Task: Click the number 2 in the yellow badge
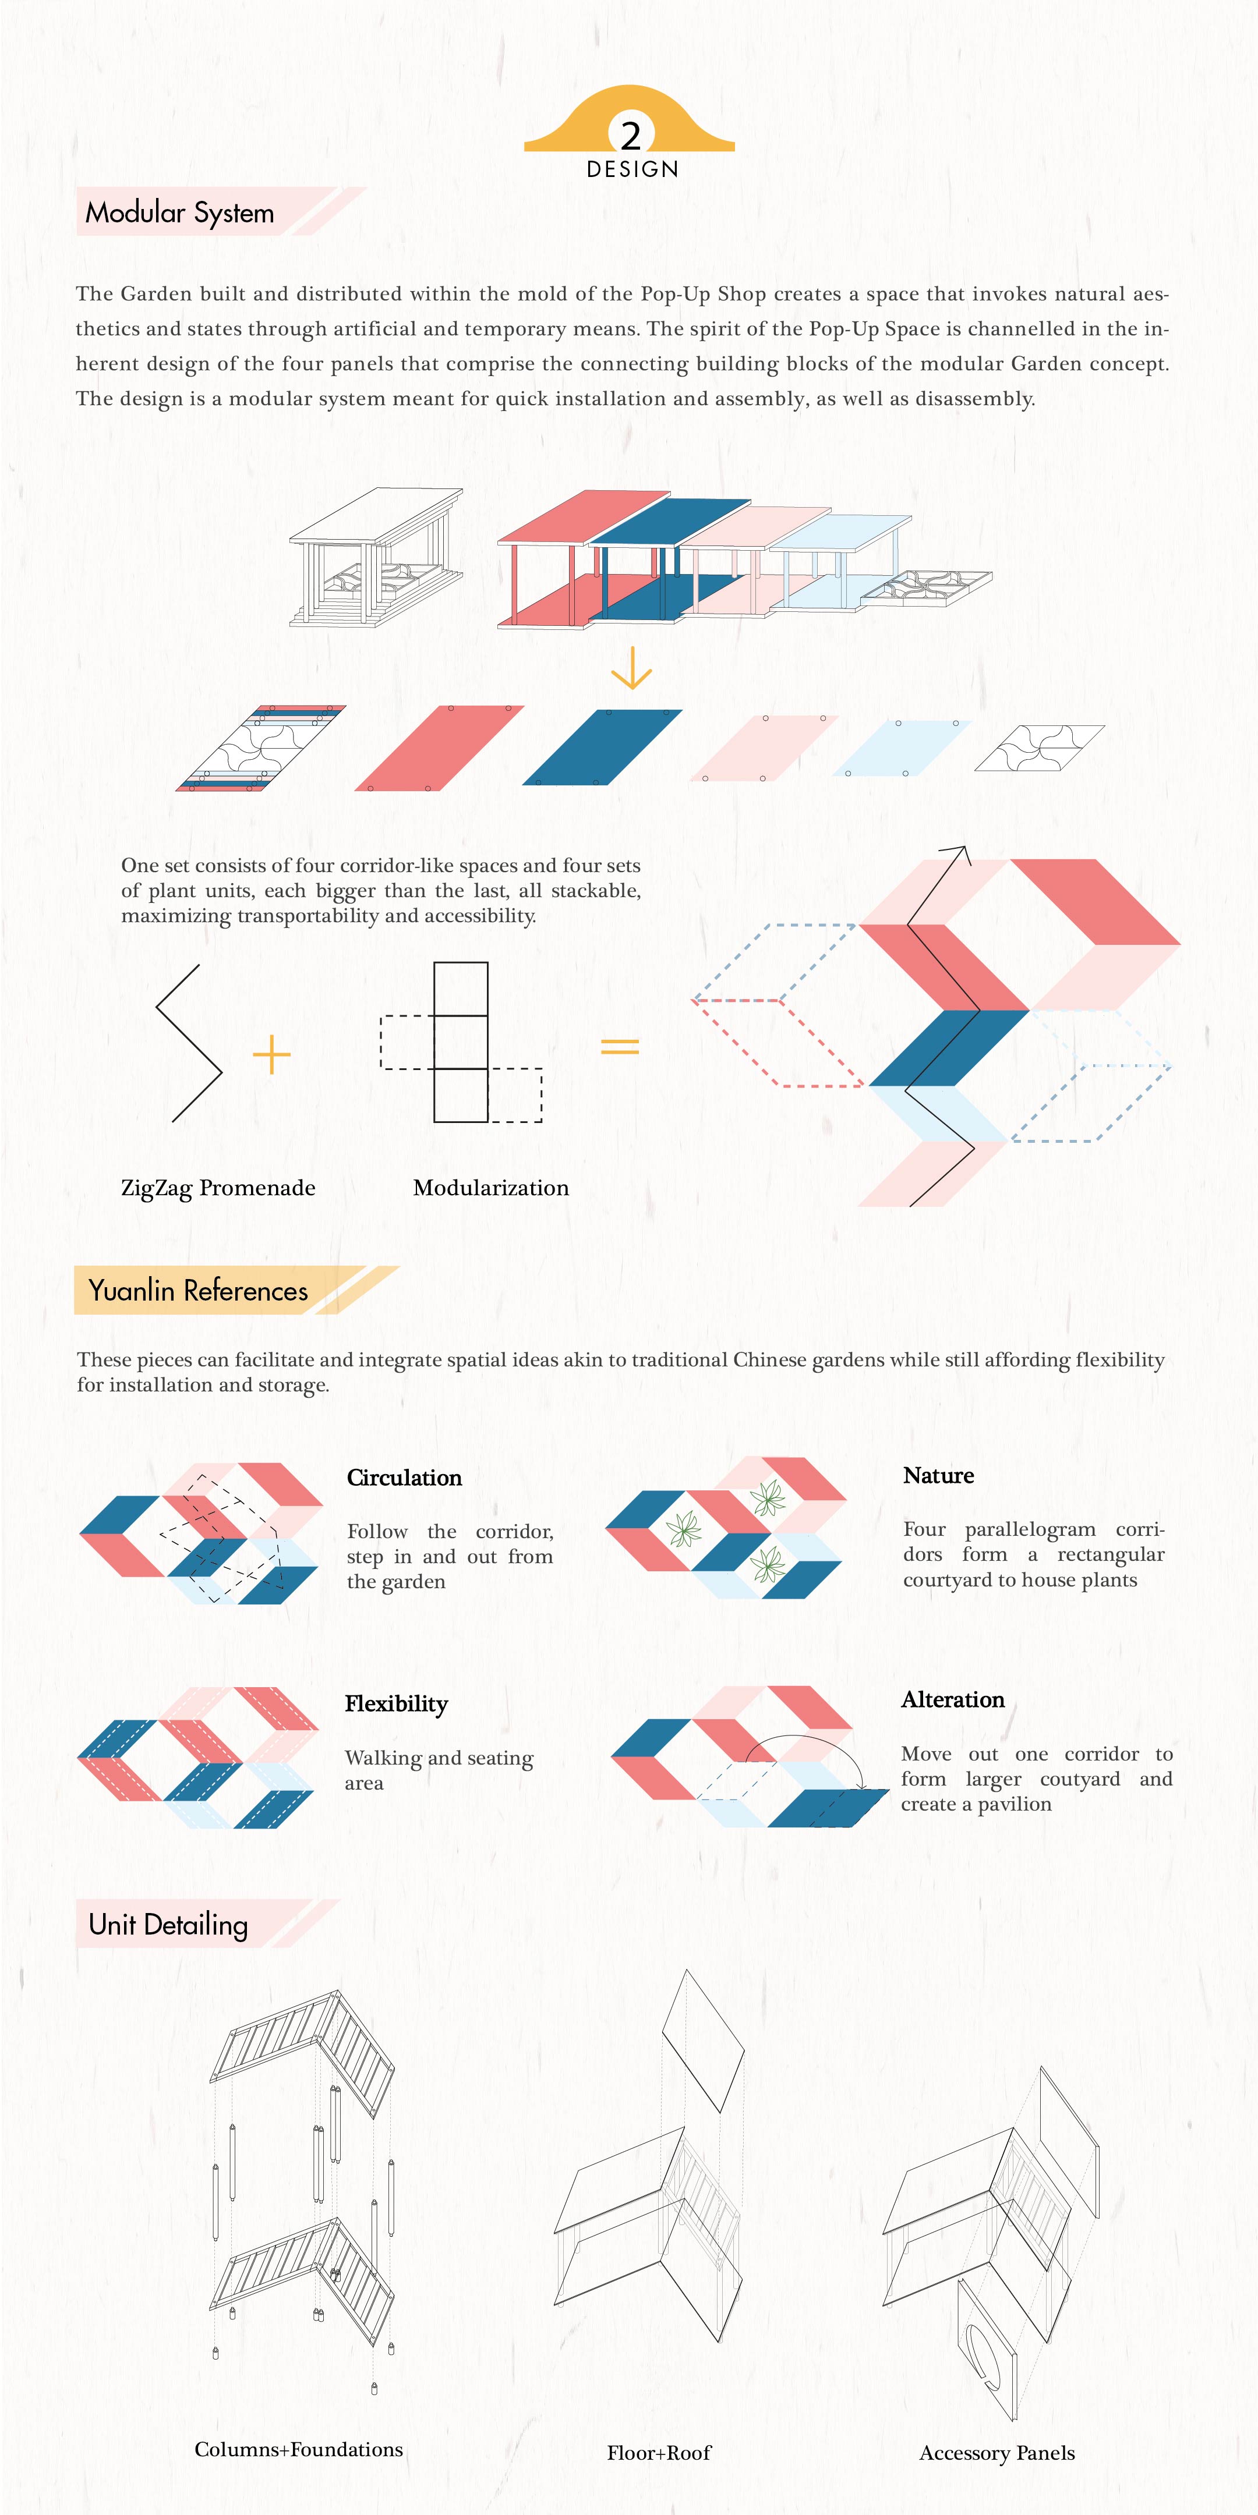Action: tap(631, 134)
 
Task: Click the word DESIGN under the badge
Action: tap(632, 169)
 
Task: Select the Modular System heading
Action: tap(180, 212)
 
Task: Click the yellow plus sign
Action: tap(271, 1054)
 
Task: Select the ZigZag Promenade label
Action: tap(218, 1187)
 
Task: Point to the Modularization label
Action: tap(490, 1187)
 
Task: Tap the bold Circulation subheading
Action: tap(404, 1477)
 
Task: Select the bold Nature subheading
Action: tap(938, 1475)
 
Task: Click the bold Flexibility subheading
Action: tap(395, 1703)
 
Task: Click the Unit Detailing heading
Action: tap(168, 1924)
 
